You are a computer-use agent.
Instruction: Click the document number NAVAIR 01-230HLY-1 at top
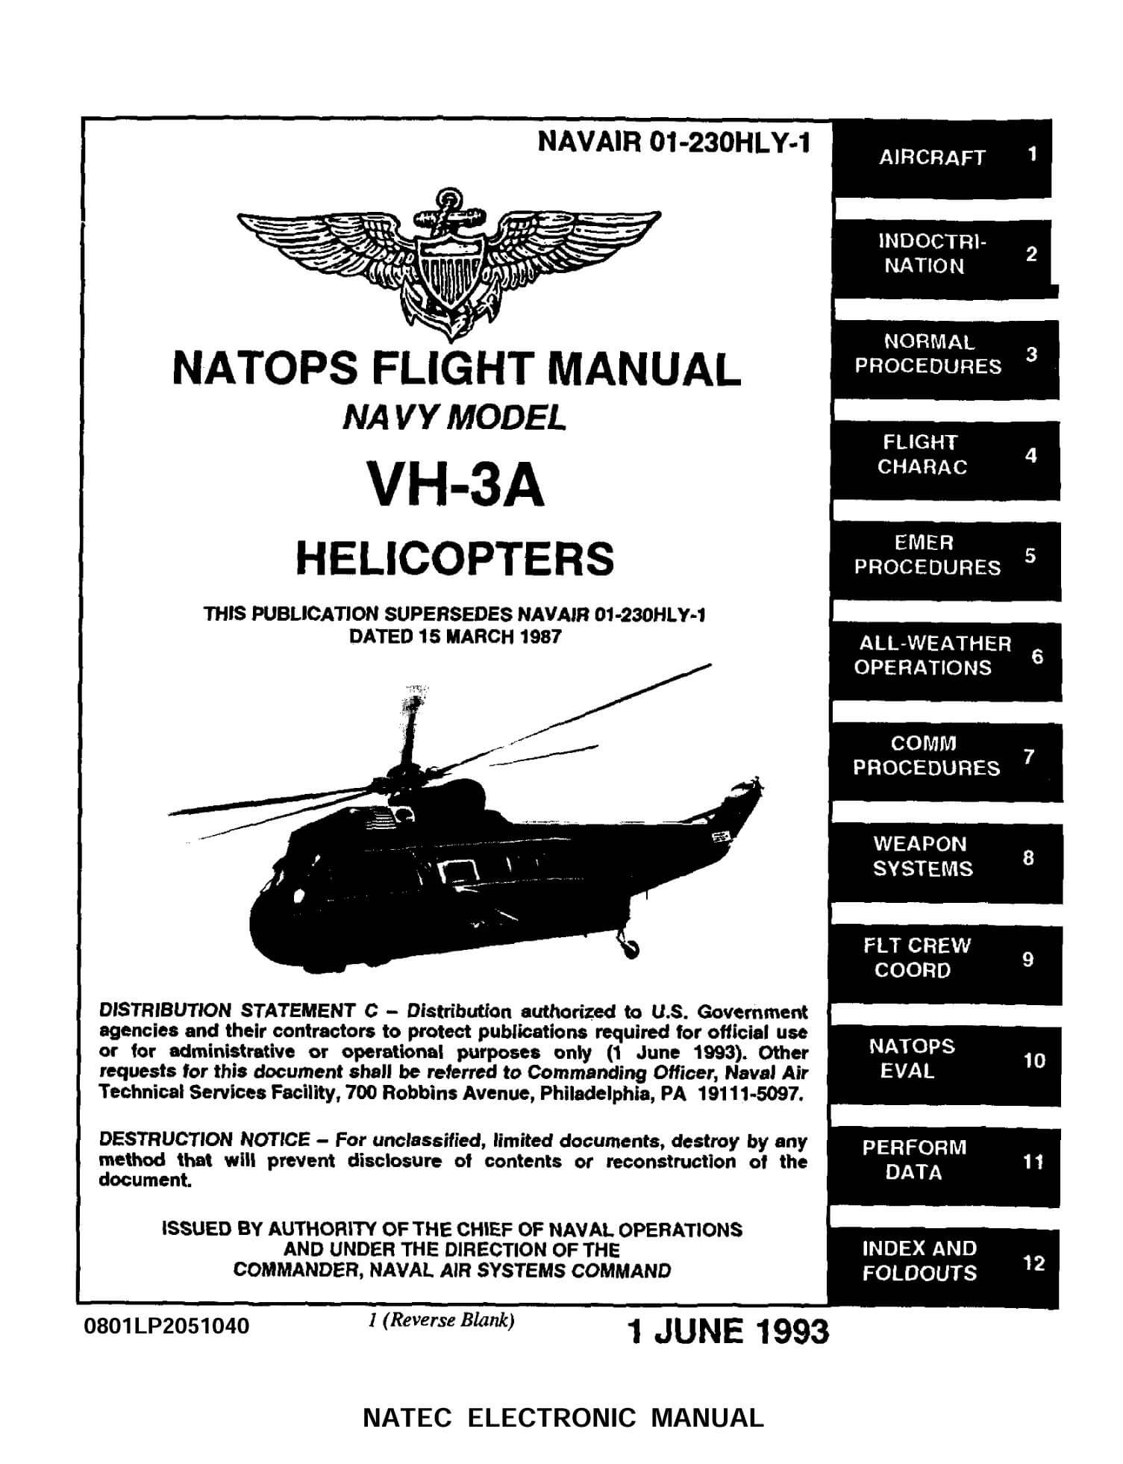[673, 142]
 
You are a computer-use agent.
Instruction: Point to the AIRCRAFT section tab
[942, 157]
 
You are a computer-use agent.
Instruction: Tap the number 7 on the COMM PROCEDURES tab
[1029, 757]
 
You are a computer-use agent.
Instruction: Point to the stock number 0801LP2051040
[169, 1326]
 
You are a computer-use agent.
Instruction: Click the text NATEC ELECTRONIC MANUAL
[563, 1417]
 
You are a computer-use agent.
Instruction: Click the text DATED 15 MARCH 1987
[455, 637]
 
